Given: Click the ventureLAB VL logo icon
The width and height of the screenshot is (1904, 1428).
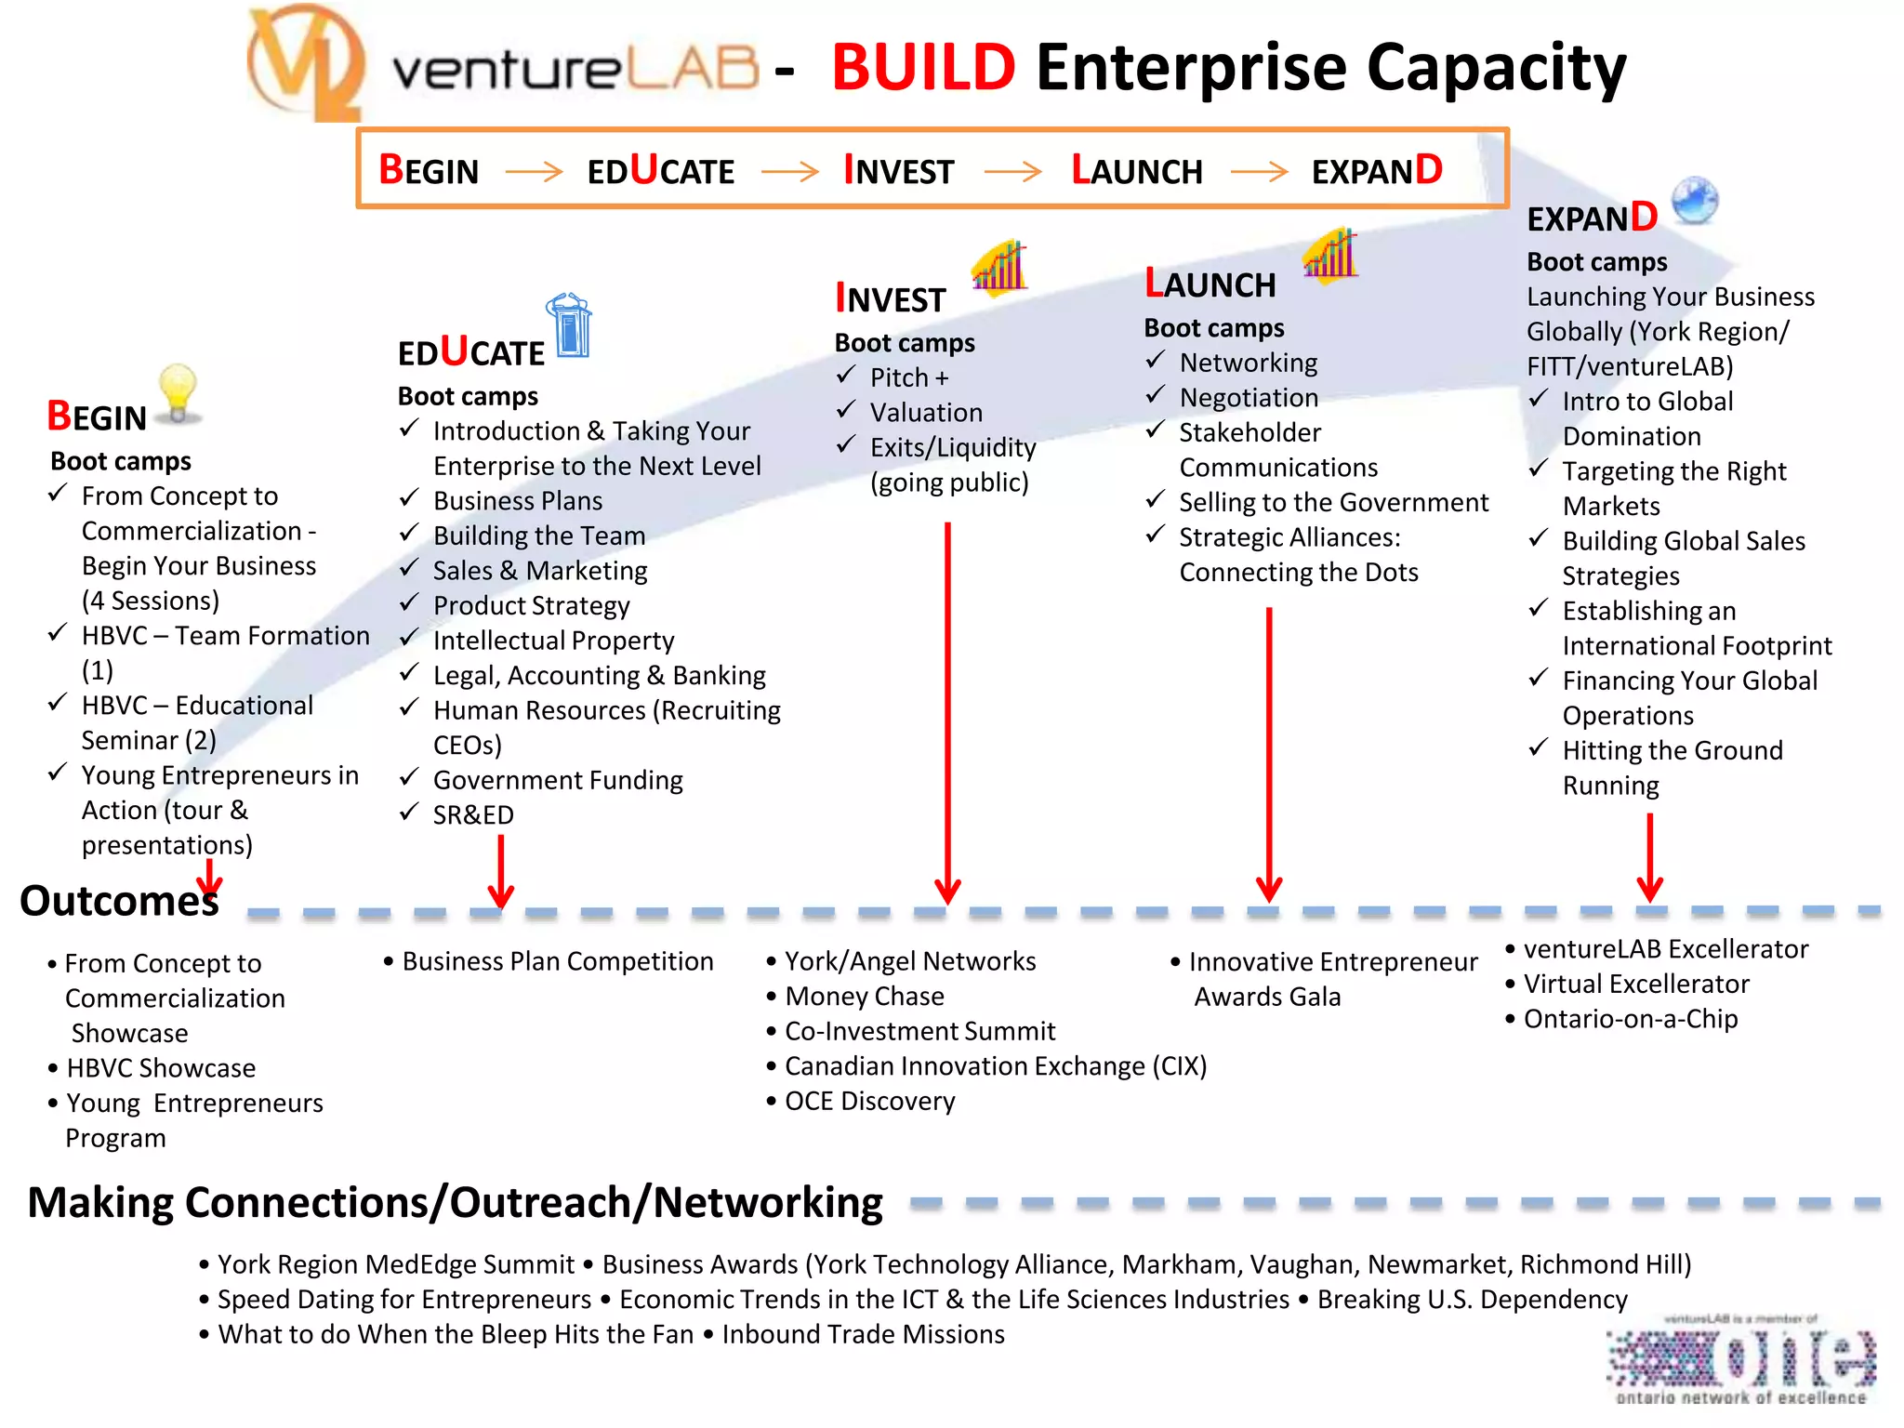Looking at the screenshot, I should pyautogui.click(x=304, y=63).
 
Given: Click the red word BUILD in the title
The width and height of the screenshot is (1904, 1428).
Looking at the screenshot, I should pyautogui.click(x=922, y=67).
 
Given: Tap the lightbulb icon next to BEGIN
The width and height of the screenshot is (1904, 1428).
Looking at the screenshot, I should pyautogui.click(x=178, y=394).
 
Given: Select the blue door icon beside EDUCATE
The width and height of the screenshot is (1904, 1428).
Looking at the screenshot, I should pyautogui.click(x=570, y=325).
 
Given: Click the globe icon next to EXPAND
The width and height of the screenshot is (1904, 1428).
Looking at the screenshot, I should pyautogui.click(x=1694, y=201).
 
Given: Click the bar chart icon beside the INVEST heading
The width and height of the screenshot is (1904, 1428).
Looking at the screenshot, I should pyautogui.click(x=999, y=268).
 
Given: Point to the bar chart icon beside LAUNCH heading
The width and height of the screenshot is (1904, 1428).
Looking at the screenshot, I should pyautogui.click(x=1330, y=254).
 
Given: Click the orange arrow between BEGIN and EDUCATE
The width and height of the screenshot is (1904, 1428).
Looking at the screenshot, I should pyautogui.click(x=534, y=172).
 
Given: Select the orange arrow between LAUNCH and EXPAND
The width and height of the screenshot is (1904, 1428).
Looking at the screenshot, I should pyautogui.click(x=1259, y=172).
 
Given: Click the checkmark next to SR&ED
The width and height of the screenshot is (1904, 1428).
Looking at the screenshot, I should pyautogui.click(x=409, y=813).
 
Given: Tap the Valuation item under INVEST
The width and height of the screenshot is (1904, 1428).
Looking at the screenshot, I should pyautogui.click(x=926, y=412).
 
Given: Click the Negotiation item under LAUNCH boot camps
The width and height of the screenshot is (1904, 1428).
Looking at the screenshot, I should pyautogui.click(x=1249, y=398).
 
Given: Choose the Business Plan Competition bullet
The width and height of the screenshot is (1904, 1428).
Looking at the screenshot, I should pyautogui.click(x=557, y=961).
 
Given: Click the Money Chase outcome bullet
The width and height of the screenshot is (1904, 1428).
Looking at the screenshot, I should pyautogui.click(x=864, y=997).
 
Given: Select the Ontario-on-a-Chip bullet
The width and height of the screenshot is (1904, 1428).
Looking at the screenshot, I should pyautogui.click(x=1630, y=1019).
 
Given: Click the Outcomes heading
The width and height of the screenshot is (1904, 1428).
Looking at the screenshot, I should pyautogui.click(x=119, y=901).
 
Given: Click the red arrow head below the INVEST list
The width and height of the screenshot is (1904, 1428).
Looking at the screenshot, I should pyautogui.click(x=947, y=892).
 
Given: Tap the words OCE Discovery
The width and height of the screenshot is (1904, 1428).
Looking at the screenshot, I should pyautogui.click(x=869, y=1102).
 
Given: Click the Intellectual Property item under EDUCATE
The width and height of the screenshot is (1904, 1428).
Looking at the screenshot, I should pyautogui.click(x=553, y=641).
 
